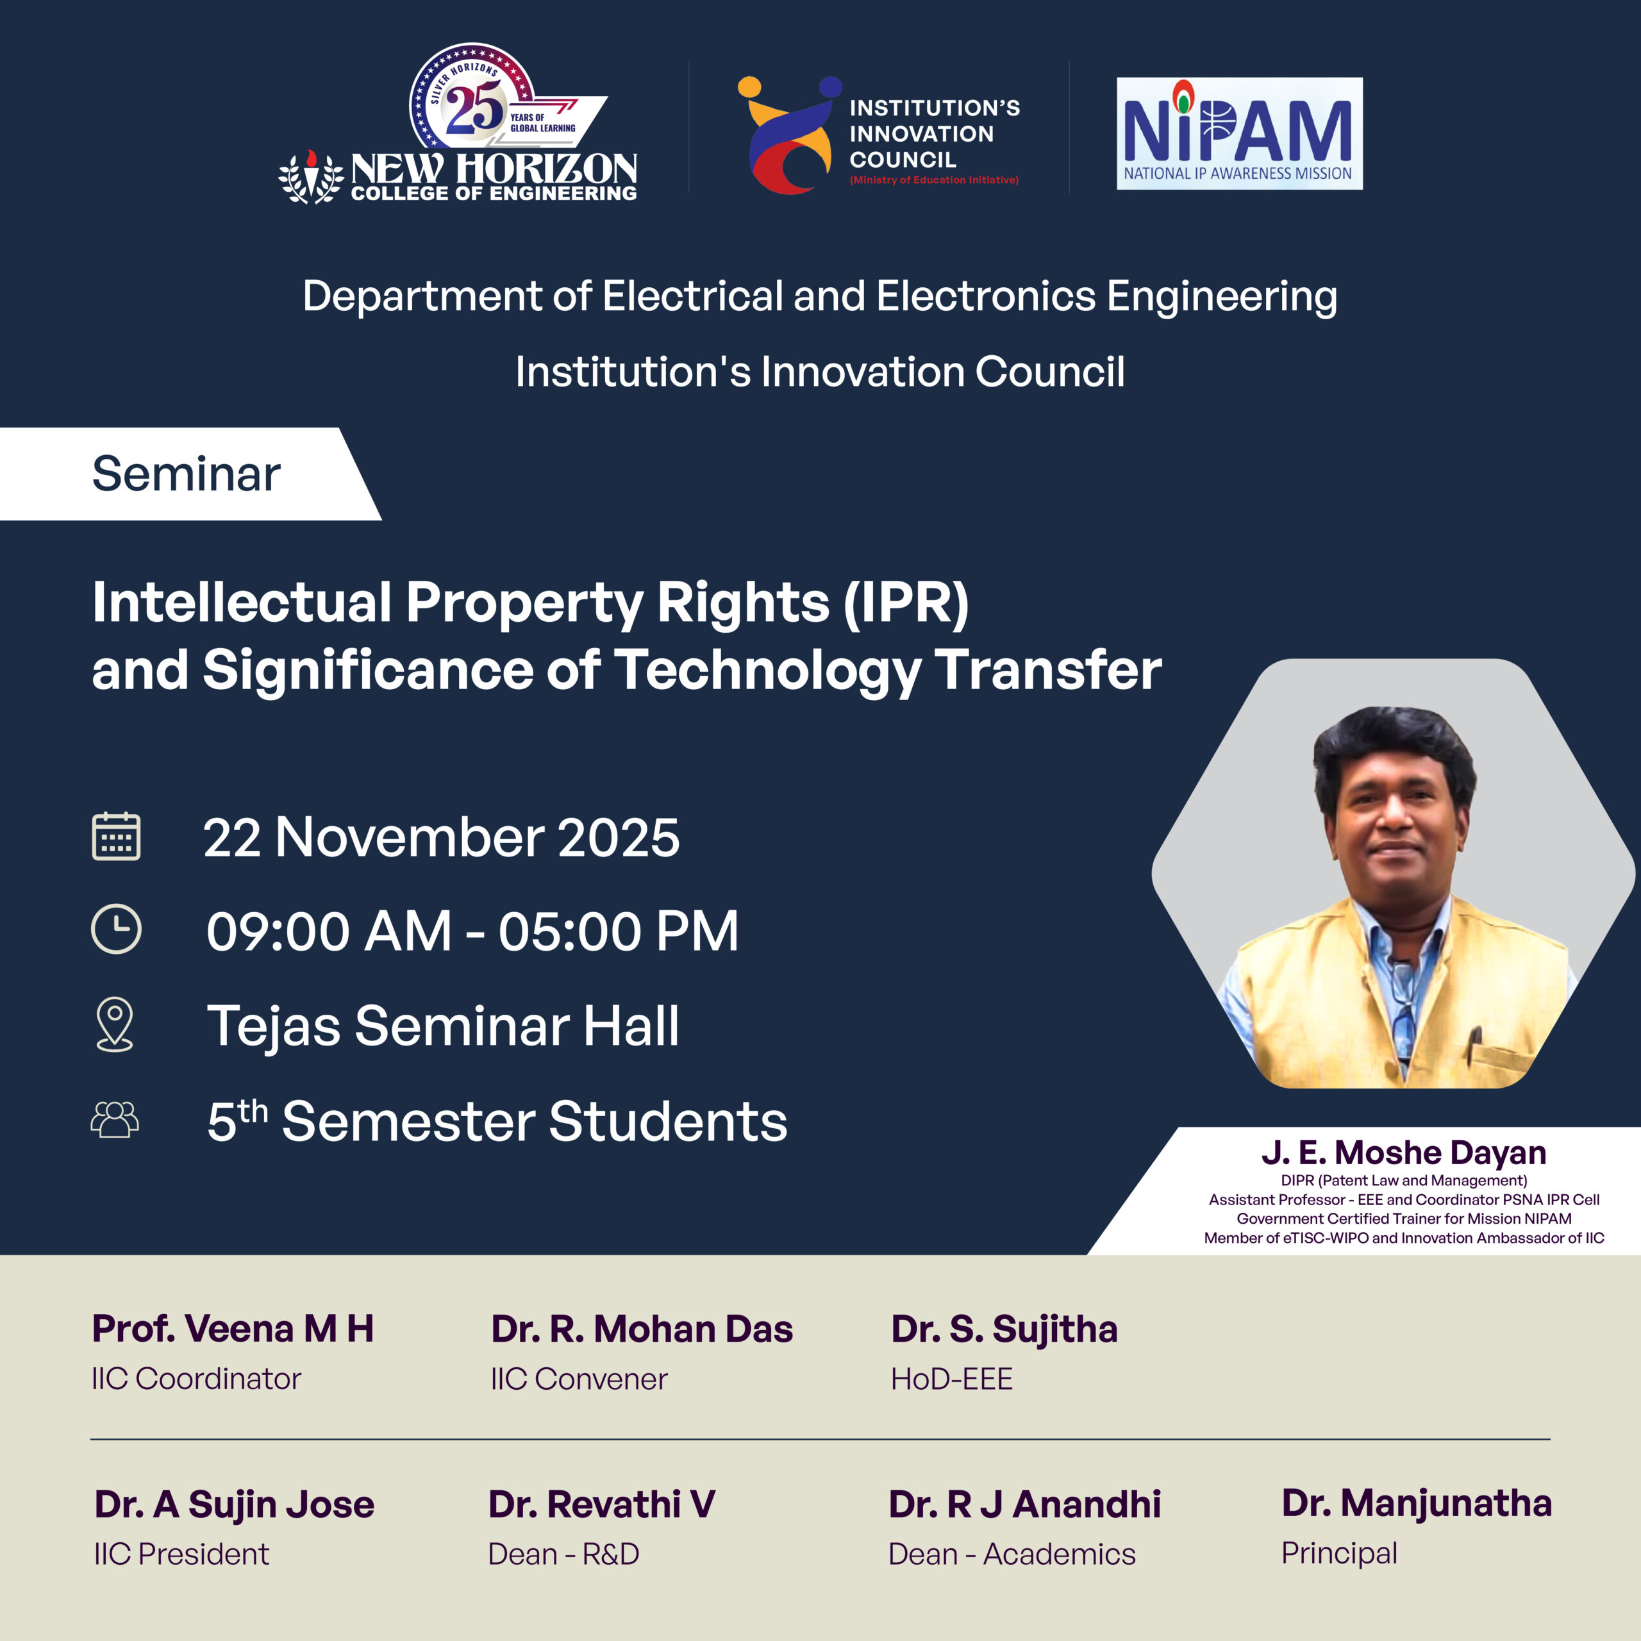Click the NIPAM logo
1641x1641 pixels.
point(1239,133)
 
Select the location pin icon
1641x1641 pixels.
point(115,1024)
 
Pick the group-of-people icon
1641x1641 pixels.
point(115,1119)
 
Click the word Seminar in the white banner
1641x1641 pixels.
point(186,473)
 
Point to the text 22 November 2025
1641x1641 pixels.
point(442,838)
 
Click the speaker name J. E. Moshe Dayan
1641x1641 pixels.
point(1404,1153)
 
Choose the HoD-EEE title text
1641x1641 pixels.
point(951,1379)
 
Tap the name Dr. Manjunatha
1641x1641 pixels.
point(1417,1503)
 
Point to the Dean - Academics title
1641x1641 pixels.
point(1012,1554)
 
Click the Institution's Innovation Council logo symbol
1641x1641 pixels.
point(790,135)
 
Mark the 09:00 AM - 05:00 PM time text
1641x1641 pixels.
point(472,931)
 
